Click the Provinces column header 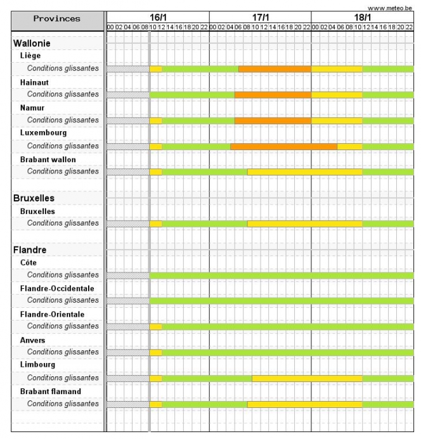[57, 18]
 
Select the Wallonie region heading [32, 44]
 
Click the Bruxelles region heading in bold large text [34, 198]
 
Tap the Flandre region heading [30, 250]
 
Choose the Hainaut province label [34, 82]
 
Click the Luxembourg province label [43, 133]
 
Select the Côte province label [29, 262]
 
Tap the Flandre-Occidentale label [57, 288]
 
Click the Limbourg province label [37, 365]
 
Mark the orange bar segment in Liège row [275, 69]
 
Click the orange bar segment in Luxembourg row [283, 146]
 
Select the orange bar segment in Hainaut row [273, 94]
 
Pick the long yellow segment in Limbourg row [307, 378]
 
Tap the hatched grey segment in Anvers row [127, 352]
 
